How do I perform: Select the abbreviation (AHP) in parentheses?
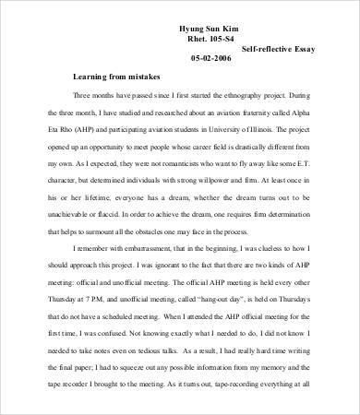click(x=89, y=126)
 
